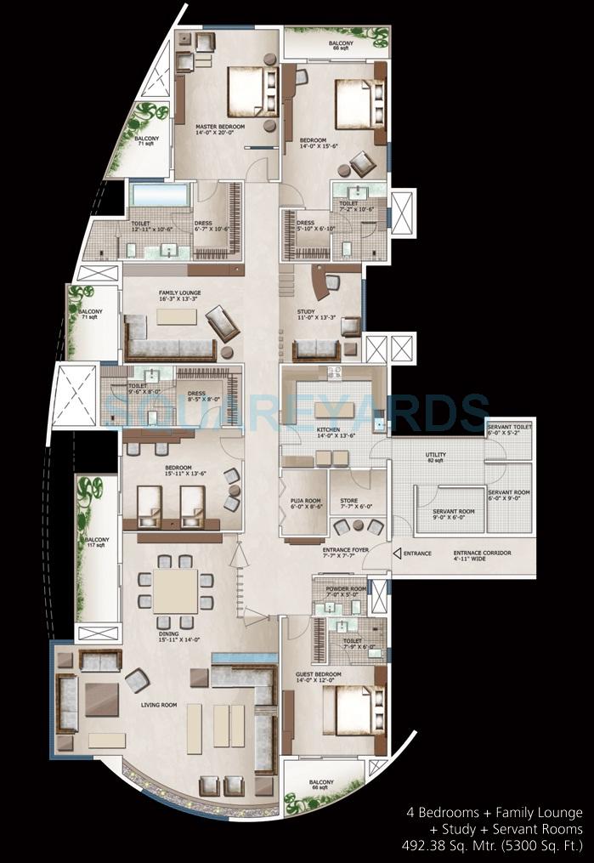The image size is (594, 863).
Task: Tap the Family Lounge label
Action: [178, 294]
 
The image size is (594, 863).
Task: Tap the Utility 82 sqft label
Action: [436, 457]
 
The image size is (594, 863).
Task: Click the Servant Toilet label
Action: [508, 430]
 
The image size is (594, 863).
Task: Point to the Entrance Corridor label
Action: [482, 555]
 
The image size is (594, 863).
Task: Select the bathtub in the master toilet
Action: [159, 196]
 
